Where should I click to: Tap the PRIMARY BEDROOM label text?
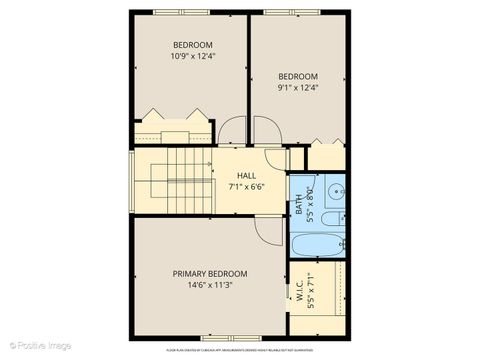click(210, 273)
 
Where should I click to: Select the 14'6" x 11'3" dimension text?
click(210, 284)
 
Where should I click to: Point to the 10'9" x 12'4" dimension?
click(192, 56)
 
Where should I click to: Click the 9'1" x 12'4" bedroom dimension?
click(297, 87)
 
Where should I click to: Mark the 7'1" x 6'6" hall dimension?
click(246, 187)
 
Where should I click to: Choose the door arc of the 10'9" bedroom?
click(230, 131)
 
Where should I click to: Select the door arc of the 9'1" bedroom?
click(265, 131)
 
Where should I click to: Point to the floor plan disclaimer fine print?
click(246, 350)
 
